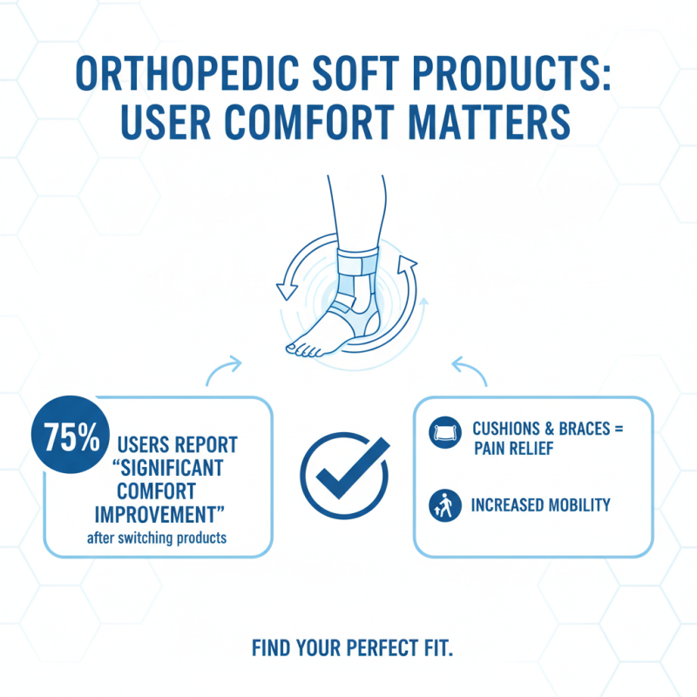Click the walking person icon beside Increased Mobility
[443, 504]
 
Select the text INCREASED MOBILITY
[541, 505]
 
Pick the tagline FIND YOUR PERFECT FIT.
[353, 649]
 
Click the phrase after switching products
[157, 538]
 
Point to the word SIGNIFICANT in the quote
[175, 468]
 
